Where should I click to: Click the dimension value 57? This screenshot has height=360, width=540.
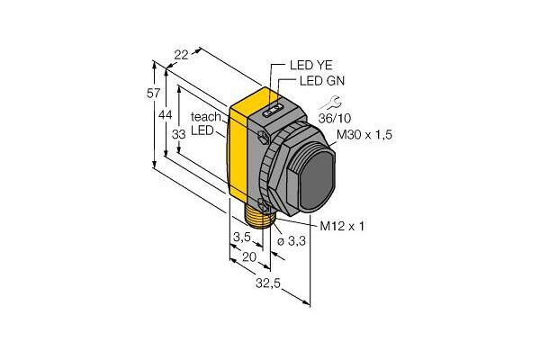click(x=154, y=94)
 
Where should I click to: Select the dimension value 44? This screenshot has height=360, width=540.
click(x=166, y=115)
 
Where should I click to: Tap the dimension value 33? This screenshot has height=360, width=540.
click(x=179, y=134)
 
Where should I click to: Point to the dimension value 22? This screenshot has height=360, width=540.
click(x=181, y=55)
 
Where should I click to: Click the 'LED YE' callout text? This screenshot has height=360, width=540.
click(x=311, y=65)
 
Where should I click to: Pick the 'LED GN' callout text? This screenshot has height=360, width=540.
click(x=322, y=81)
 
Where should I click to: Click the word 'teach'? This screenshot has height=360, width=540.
click(x=206, y=117)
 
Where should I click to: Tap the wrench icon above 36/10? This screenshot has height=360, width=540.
click(x=330, y=103)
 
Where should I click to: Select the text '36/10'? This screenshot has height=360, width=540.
click(x=334, y=119)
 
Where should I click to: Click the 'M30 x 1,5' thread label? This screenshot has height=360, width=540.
click(x=364, y=135)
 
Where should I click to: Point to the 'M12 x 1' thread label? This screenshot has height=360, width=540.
click(x=342, y=226)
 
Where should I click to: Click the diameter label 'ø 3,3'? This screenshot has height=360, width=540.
click(x=292, y=241)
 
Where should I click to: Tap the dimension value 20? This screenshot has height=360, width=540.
click(x=249, y=257)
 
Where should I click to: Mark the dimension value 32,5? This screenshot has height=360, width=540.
click(x=268, y=283)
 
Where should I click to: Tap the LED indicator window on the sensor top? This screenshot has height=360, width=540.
click(x=273, y=110)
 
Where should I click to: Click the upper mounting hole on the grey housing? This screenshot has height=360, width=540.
click(x=264, y=136)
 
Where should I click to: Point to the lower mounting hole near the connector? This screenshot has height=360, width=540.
click(x=264, y=205)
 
